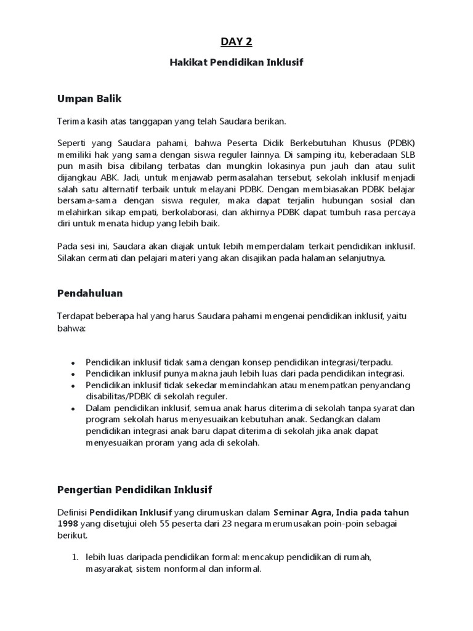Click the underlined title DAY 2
pyautogui.click(x=236, y=42)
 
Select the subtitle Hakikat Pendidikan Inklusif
pyautogui.click(x=236, y=62)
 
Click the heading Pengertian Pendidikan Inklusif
pyautogui.click(x=134, y=490)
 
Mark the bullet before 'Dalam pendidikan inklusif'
pyautogui.click(x=73, y=409)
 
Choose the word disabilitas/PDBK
pyautogui.click(x=118, y=396)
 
